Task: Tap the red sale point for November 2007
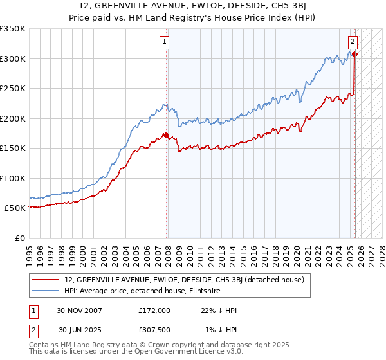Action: pos(166,135)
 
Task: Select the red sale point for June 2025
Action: pos(354,54)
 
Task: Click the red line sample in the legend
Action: pos(46,280)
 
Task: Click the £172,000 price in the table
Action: pos(154,310)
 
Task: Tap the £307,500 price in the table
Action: pos(154,330)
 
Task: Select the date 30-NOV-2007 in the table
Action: pos(79,310)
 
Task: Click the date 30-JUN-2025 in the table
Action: pos(80,330)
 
